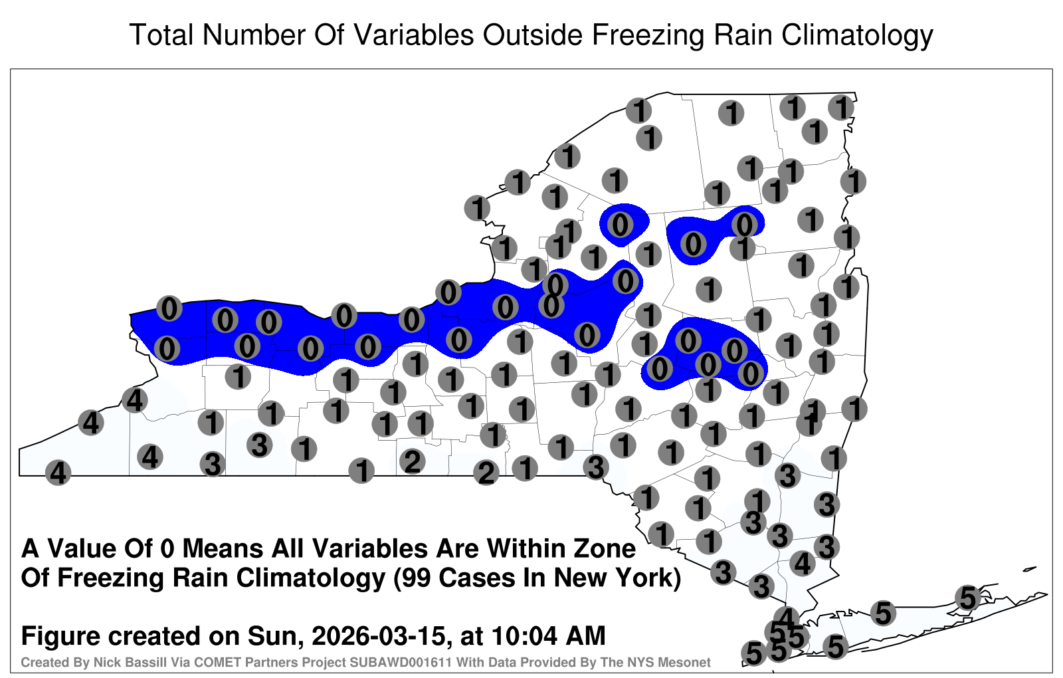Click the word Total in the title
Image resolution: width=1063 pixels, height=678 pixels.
(161, 35)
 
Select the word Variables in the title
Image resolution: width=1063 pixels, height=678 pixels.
(413, 35)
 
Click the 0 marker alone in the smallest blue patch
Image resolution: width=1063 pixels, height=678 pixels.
(620, 225)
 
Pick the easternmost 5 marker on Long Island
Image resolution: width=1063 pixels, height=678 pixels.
(968, 598)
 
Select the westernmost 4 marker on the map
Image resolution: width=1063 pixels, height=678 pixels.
(58, 473)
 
